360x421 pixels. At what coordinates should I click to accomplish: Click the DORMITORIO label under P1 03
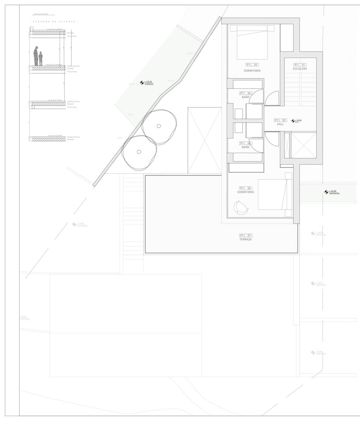252,71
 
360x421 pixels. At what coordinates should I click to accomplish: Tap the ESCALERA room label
300,69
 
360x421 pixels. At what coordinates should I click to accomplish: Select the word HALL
280,124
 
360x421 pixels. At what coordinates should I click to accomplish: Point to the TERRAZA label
246,239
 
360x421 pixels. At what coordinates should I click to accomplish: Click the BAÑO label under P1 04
246,97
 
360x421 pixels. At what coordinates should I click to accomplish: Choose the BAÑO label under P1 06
246,147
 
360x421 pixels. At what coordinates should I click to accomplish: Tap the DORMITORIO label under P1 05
246,192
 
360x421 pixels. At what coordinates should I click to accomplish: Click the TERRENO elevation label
149,84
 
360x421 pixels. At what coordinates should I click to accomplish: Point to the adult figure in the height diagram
36,56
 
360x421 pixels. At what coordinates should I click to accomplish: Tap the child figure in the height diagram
41,59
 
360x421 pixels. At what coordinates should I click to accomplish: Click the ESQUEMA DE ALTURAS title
54,22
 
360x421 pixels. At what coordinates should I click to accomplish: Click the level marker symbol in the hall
293,121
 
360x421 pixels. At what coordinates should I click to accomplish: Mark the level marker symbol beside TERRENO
142,83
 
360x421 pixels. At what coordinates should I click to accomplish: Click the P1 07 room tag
246,235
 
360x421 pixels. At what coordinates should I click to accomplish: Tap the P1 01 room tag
300,65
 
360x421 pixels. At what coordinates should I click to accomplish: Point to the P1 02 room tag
280,120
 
